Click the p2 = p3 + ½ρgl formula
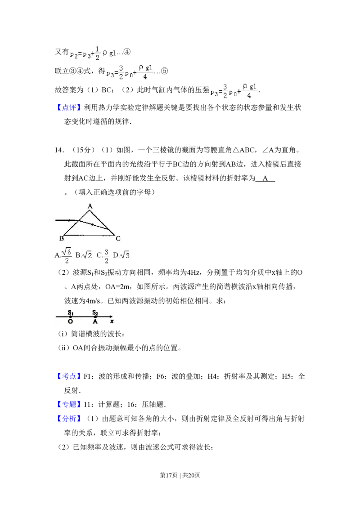click(x=93, y=52)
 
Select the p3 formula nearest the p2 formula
click(x=130, y=72)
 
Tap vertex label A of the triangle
click(x=90, y=206)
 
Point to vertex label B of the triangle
click(x=61, y=238)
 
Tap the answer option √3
click(x=125, y=255)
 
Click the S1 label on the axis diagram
click(x=71, y=311)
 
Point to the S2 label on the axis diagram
click(x=95, y=311)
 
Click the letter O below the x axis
click(x=71, y=322)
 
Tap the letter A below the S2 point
click(x=95, y=322)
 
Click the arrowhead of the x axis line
click(x=111, y=317)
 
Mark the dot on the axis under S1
click(x=71, y=317)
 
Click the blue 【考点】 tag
click(x=70, y=376)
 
